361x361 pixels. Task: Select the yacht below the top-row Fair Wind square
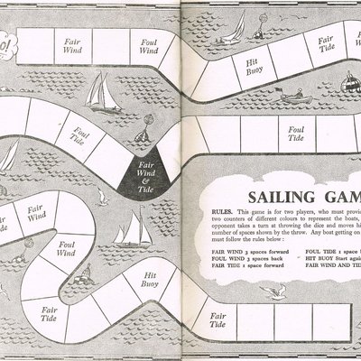tap(106, 91)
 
